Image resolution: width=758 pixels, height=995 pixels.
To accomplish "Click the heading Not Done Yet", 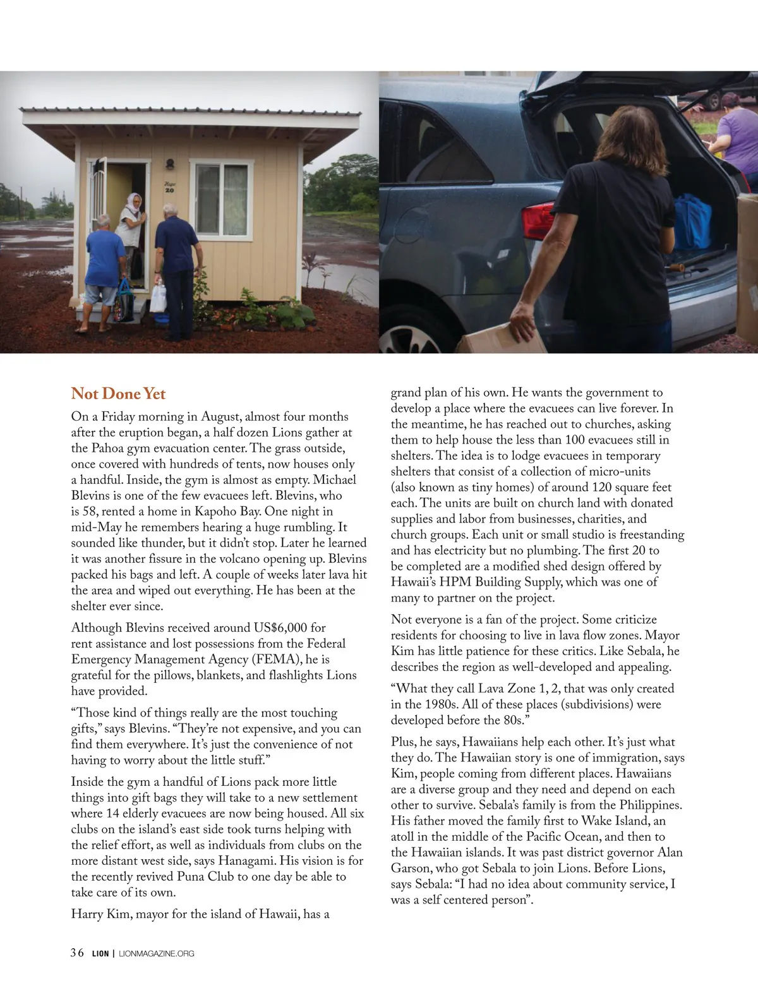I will (118, 394).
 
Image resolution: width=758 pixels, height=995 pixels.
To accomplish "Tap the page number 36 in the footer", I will (77, 953).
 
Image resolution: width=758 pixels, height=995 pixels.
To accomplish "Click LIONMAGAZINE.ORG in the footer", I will (157, 953).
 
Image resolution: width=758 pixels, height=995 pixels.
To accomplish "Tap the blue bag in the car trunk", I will (692, 221).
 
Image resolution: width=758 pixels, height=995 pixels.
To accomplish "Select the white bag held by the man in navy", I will (158, 298).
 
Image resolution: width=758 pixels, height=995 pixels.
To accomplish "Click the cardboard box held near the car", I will (502, 339).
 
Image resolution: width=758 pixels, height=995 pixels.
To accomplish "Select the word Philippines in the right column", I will (651, 805).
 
